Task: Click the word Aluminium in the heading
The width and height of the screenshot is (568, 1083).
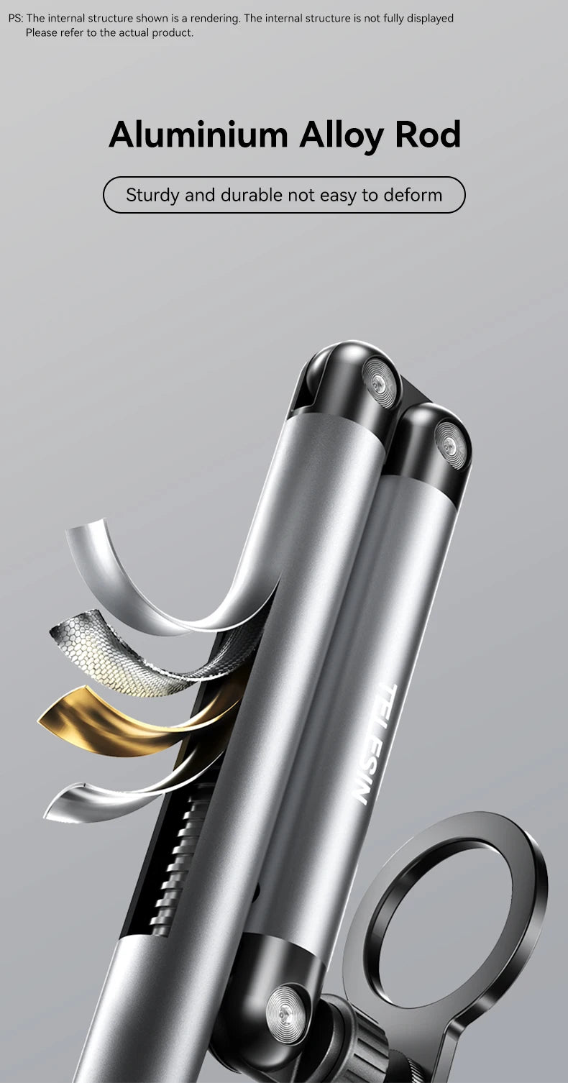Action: point(198,134)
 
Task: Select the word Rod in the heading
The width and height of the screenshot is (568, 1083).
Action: point(427,134)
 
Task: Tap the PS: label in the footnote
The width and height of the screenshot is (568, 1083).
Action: point(16,19)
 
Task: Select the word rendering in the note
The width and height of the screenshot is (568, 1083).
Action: point(215,19)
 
